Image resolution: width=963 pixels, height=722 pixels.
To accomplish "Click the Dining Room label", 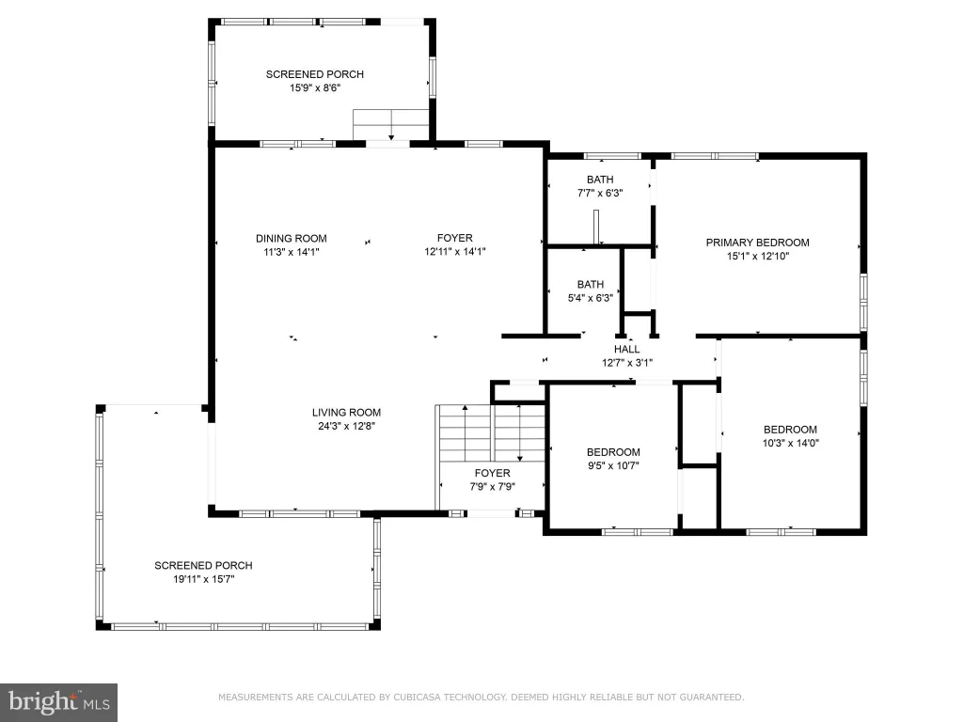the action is pyautogui.click(x=292, y=238).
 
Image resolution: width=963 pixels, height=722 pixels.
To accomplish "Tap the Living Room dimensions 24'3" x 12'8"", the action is pyautogui.click(x=346, y=426).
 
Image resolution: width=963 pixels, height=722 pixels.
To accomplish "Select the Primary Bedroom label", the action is pyautogui.click(x=757, y=243).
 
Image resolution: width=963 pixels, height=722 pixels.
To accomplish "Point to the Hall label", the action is pyautogui.click(x=626, y=350).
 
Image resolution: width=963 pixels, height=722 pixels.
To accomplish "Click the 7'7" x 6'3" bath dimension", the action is pyautogui.click(x=600, y=193).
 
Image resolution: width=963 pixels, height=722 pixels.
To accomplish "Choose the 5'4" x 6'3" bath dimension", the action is pyautogui.click(x=591, y=298).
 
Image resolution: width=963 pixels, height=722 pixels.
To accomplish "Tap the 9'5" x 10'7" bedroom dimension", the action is pyautogui.click(x=613, y=465).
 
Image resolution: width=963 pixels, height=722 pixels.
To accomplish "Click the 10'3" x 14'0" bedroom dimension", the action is pyautogui.click(x=790, y=443).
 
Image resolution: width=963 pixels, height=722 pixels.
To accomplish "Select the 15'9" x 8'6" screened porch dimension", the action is pyautogui.click(x=315, y=87).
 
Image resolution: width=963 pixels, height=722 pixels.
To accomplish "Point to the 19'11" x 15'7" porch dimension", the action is pyautogui.click(x=204, y=579).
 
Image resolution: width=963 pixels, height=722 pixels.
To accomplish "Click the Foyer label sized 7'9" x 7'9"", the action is pyautogui.click(x=493, y=473).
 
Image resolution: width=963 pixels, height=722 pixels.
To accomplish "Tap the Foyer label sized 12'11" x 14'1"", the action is pyautogui.click(x=455, y=238).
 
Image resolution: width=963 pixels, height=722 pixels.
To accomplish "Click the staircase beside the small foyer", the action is pyautogui.click(x=490, y=433).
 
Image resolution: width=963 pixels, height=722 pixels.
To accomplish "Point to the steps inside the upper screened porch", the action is pyautogui.click(x=390, y=125).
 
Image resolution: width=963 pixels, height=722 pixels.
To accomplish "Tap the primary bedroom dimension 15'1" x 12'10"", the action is pyautogui.click(x=758, y=256).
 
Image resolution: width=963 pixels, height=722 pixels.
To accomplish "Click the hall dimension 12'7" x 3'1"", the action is pyautogui.click(x=627, y=363).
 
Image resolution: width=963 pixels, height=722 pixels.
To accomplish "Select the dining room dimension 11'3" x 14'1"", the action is pyautogui.click(x=292, y=252).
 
